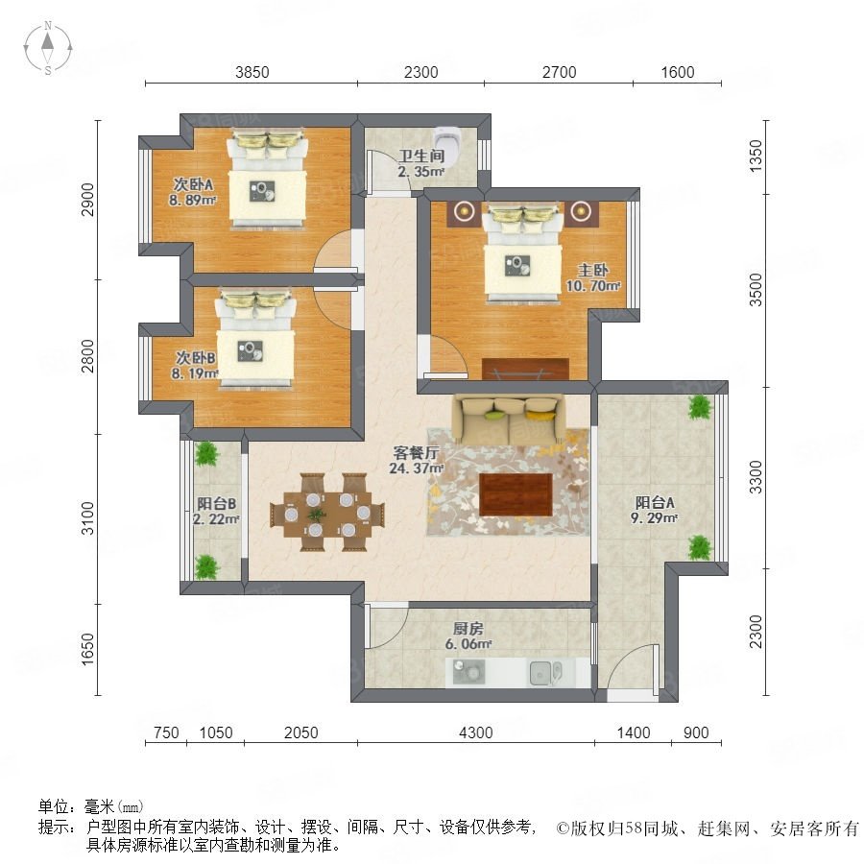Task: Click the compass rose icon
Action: click(x=48, y=47)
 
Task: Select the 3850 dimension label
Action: click(x=252, y=72)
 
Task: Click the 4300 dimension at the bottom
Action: click(x=476, y=732)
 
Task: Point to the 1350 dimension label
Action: click(x=756, y=156)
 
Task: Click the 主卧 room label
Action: click(x=593, y=270)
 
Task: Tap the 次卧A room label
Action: click(x=193, y=184)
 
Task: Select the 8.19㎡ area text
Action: click(x=195, y=373)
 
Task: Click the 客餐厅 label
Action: click(x=416, y=452)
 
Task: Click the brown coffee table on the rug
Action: click(x=516, y=494)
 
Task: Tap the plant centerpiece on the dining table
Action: click(x=316, y=516)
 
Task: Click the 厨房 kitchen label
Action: click(x=468, y=628)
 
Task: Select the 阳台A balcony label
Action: click(x=655, y=502)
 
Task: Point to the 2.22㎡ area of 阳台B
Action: click(x=215, y=518)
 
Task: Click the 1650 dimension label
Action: click(x=88, y=649)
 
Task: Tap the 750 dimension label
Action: click(x=166, y=732)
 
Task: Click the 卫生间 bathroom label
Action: click(x=421, y=156)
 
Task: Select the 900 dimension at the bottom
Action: click(x=696, y=732)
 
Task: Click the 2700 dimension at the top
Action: click(x=560, y=72)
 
